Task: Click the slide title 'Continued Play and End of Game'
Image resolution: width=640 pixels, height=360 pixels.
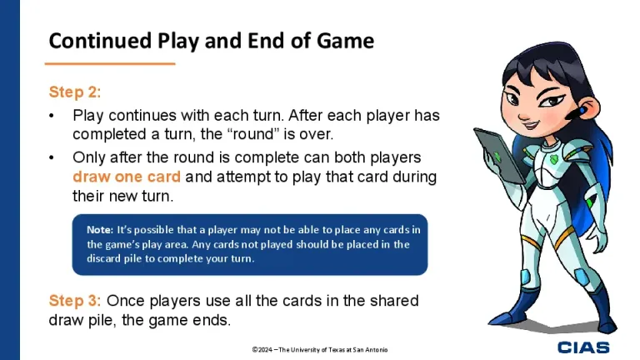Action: [212, 40]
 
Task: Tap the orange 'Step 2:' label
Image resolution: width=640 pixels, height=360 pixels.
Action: [75, 92]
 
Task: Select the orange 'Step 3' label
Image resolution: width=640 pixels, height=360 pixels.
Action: [73, 300]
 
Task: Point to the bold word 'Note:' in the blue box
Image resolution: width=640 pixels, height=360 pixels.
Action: [99, 228]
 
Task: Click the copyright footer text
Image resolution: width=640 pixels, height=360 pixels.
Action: [320, 349]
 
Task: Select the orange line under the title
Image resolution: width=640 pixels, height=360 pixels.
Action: [109, 63]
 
